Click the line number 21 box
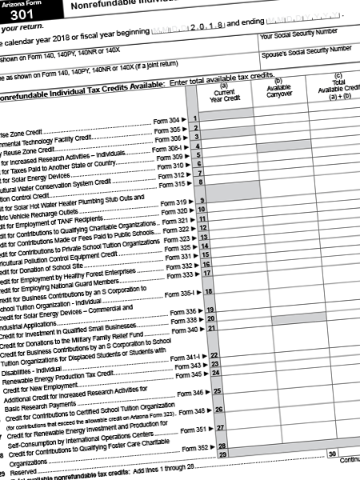[x=211, y=328]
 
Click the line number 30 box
[x=331, y=454]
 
